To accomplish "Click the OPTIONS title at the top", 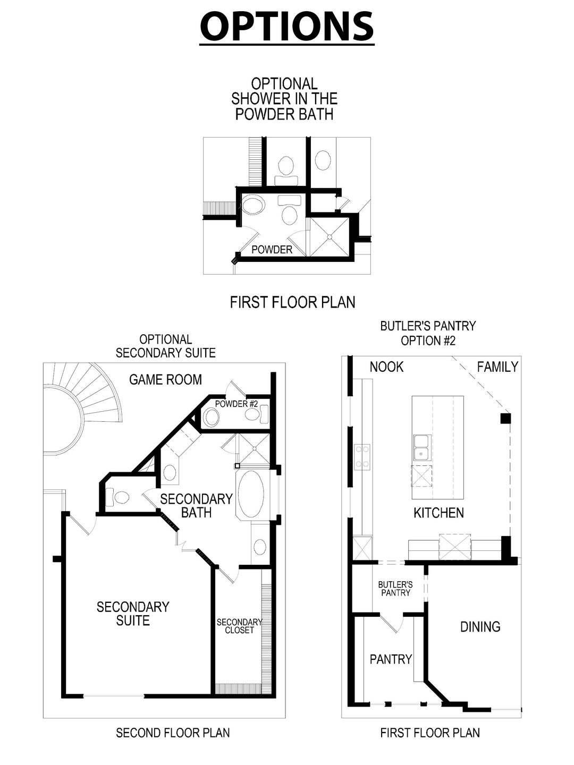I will (287, 27).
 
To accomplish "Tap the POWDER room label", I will (272, 249).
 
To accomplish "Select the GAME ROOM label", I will (165, 379).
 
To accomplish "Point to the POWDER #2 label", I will (236, 404).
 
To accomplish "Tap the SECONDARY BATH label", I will (196, 505).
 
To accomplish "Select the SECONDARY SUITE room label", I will (133, 613).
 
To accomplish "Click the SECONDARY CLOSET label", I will (239, 626).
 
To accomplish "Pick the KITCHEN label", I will (438, 512).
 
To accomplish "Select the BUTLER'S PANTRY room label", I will (395, 588).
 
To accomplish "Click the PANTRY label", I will (391, 659).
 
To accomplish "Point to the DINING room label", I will (480, 626).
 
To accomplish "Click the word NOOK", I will (386, 367).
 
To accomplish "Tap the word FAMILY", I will (497, 367).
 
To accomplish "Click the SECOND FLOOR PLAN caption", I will (173, 733).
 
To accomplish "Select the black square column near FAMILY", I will (505, 418).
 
